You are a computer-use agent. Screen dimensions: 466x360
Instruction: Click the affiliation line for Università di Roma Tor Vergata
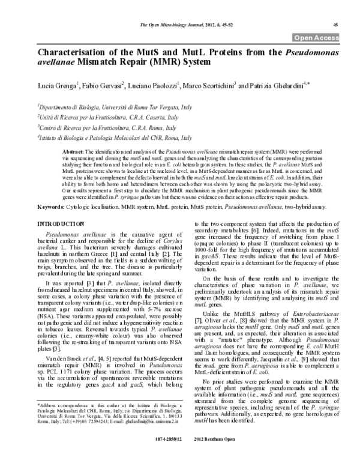pyautogui.click(x=124, y=106)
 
